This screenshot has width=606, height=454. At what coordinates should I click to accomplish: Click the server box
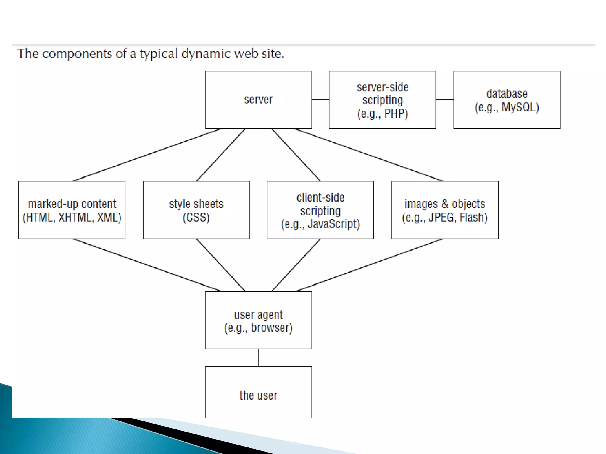point(258,100)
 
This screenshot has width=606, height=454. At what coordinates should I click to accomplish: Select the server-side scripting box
point(382,100)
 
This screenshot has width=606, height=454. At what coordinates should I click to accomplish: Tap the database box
point(507,100)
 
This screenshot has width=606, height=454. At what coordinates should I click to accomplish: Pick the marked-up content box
point(72,210)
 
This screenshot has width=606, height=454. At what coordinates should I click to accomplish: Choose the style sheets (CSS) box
point(196,210)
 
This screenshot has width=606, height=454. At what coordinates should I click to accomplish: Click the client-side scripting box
point(320,210)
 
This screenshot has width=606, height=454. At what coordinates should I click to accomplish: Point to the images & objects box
point(445,210)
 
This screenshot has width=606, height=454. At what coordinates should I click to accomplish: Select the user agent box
point(258,320)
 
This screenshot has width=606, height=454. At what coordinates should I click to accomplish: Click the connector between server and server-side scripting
point(320,100)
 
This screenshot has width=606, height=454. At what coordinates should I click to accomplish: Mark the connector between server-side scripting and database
point(444,100)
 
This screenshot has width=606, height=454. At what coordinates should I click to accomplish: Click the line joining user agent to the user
point(258,358)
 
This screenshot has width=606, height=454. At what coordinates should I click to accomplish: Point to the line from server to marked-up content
point(147,155)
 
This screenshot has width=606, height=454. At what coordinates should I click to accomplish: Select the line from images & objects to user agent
point(369,265)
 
